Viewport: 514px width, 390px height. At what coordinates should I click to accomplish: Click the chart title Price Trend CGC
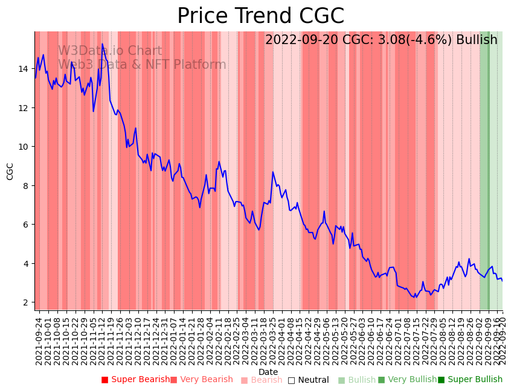(260, 16)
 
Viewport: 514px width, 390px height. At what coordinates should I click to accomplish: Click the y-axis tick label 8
(27, 186)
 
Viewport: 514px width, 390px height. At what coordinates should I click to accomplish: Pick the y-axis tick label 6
(27, 225)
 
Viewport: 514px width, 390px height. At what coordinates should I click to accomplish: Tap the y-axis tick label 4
(27, 264)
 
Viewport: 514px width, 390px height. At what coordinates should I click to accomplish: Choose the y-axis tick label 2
(27, 302)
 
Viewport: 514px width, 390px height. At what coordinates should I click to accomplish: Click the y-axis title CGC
(10, 171)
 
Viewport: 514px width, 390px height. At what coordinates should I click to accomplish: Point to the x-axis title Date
(268, 372)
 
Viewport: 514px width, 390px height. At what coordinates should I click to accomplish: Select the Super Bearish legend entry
(136, 380)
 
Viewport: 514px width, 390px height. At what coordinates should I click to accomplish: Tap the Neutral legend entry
(309, 380)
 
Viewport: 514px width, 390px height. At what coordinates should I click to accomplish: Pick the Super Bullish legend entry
(471, 380)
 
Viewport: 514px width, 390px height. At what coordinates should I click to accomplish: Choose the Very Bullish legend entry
(407, 380)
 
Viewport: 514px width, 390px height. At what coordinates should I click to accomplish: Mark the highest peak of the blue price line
(102, 43)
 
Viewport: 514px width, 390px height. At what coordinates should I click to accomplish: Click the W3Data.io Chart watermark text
(110, 51)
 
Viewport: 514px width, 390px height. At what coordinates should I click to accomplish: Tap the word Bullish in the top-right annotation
(477, 40)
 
